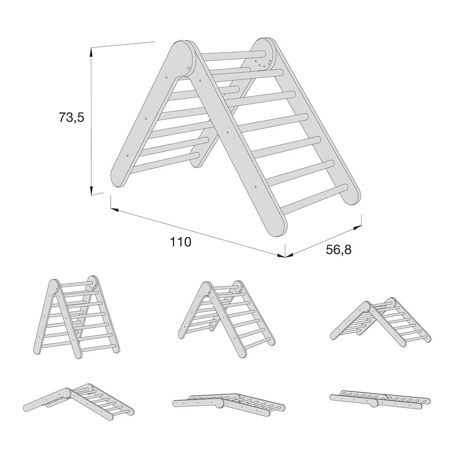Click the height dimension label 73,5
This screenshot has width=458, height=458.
click(x=72, y=117)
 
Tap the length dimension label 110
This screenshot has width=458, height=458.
click(x=180, y=242)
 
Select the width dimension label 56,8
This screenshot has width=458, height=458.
click(x=339, y=250)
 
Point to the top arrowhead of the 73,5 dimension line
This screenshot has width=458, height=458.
click(x=91, y=52)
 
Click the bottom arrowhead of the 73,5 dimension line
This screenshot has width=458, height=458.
click(x=91, y=190)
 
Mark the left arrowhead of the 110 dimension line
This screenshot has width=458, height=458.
click(x=114, y=210)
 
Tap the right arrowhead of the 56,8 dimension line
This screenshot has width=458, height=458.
click(x=357, y=228)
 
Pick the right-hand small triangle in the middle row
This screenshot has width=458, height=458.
click(x=380, y=322)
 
